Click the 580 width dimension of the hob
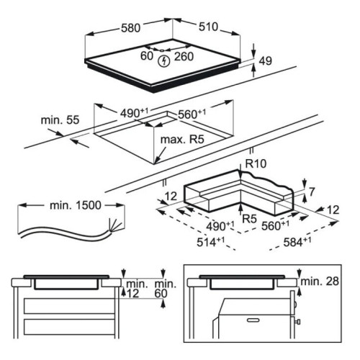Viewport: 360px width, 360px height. click(130, 28)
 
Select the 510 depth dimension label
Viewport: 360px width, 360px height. click(208, 27)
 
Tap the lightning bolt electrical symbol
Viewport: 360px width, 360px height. click(165, 61)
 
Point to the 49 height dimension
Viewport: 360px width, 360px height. click(266, 61)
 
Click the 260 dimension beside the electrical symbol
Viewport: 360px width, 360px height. click(184, 57)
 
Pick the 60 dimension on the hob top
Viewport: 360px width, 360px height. click(147, 56)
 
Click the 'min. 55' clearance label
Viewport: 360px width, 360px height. click(60, 120)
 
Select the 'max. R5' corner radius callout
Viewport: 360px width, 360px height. click(182, 140)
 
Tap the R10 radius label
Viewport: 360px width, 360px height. click(256, 163)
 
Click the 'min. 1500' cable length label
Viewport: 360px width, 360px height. click(76, 205)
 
